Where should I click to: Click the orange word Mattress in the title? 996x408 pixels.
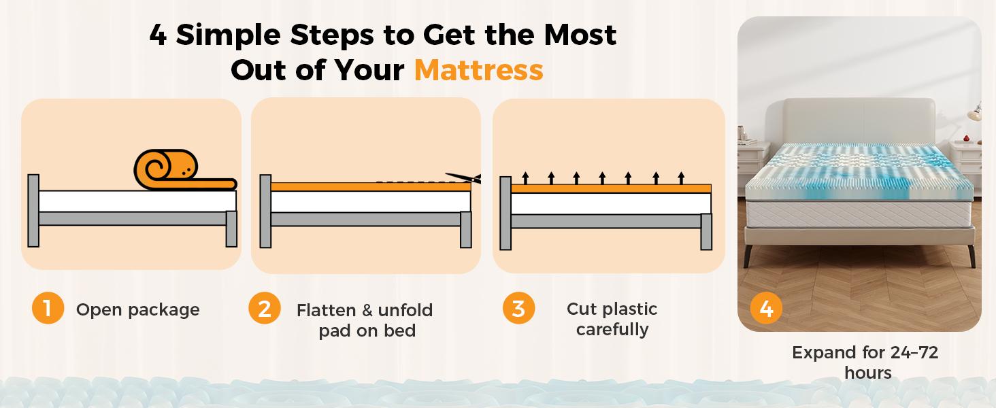click(478, 69)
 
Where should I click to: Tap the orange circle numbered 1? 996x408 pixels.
click(48, 309)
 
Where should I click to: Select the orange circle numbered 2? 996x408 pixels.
click(264, 309)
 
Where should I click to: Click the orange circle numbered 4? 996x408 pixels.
click(766, 309)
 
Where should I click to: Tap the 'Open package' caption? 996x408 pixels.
click(137, 309)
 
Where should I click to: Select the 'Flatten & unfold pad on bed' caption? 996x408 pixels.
click(365, 320)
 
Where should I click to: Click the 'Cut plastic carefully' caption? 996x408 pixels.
click(612, 319)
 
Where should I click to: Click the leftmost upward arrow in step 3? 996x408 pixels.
click(525, 178)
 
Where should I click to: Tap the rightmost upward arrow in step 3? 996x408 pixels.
click(681, 178)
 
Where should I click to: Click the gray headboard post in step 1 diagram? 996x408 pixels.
click(33, 211)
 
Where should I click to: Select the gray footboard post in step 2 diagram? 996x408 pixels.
click(466, 229)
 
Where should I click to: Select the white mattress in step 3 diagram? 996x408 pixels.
click(610, 203)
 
